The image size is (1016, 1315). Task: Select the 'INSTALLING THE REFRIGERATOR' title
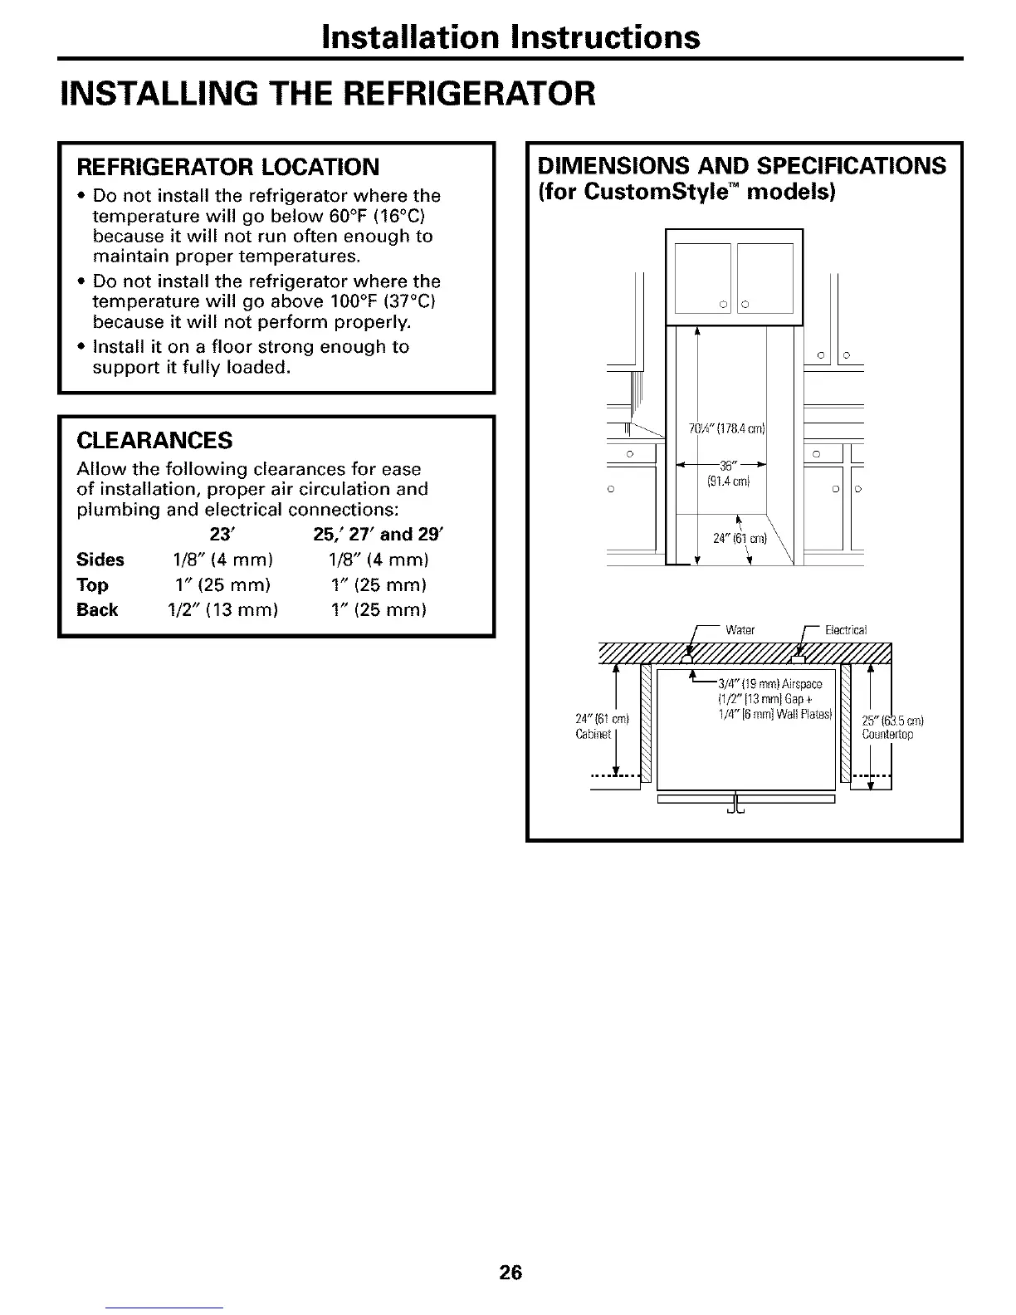pyautogui.click(x=328, y=93)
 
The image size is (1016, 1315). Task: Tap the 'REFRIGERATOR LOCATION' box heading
pyautogui.click(x=228, y=167)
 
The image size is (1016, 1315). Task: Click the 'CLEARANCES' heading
pyautogui.click(x=154, y=439)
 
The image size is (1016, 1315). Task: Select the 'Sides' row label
pyautogui.click(x=100, y=560)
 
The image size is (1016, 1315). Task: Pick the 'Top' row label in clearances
pyautogui.click(x=92, y=585)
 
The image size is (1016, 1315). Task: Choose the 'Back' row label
pyautogui.click(x=97, y=610)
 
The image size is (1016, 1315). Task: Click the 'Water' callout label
pyautogui.click(x=739, y=629)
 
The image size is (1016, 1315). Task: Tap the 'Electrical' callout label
pyautogui.click(x=845, y=629)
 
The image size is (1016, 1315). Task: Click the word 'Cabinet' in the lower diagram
pyautogui.click(x=593, y=734)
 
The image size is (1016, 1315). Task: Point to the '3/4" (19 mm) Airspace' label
pyautogui.click(x=769, y=684)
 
